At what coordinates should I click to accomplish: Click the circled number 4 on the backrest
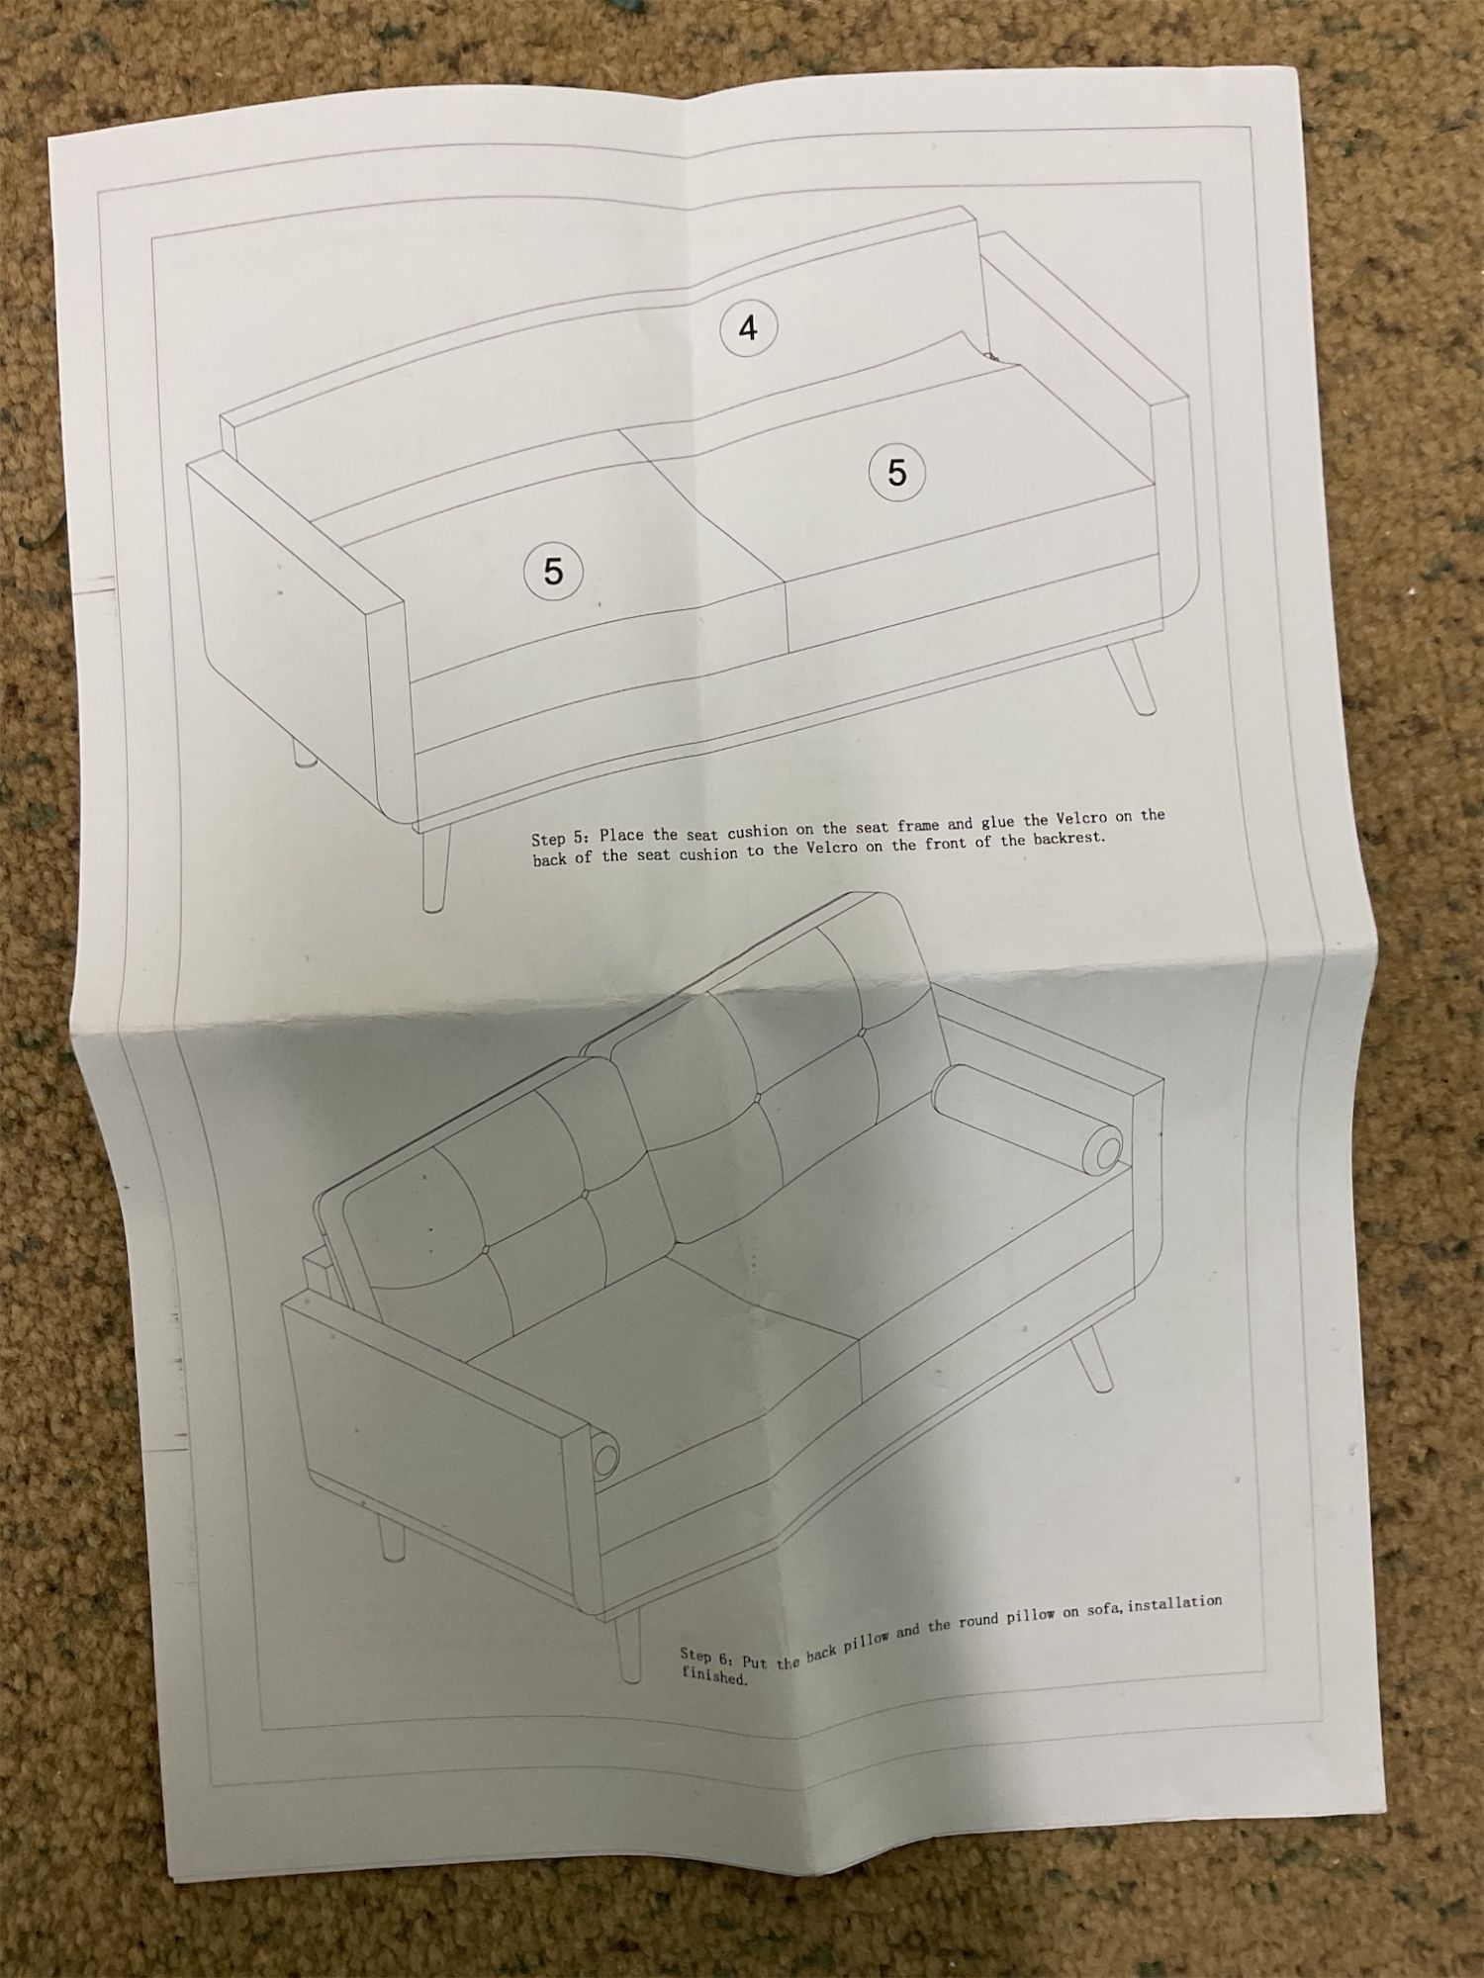[x=748, y=327]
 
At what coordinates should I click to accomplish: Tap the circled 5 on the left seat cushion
[x=553, y=571]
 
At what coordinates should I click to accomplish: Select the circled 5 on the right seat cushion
[x=896, y=472]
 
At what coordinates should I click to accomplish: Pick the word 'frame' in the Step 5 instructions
[x=919, y=825]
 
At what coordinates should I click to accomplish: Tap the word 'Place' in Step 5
[x=621, y=836]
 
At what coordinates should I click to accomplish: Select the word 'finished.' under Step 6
[x=713, y=1676]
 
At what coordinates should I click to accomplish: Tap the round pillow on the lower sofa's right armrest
[x=1029, y=1118]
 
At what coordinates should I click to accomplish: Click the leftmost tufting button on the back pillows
[x=487, y=1250]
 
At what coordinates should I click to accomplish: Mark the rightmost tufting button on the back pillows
[x=863, y=1032]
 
